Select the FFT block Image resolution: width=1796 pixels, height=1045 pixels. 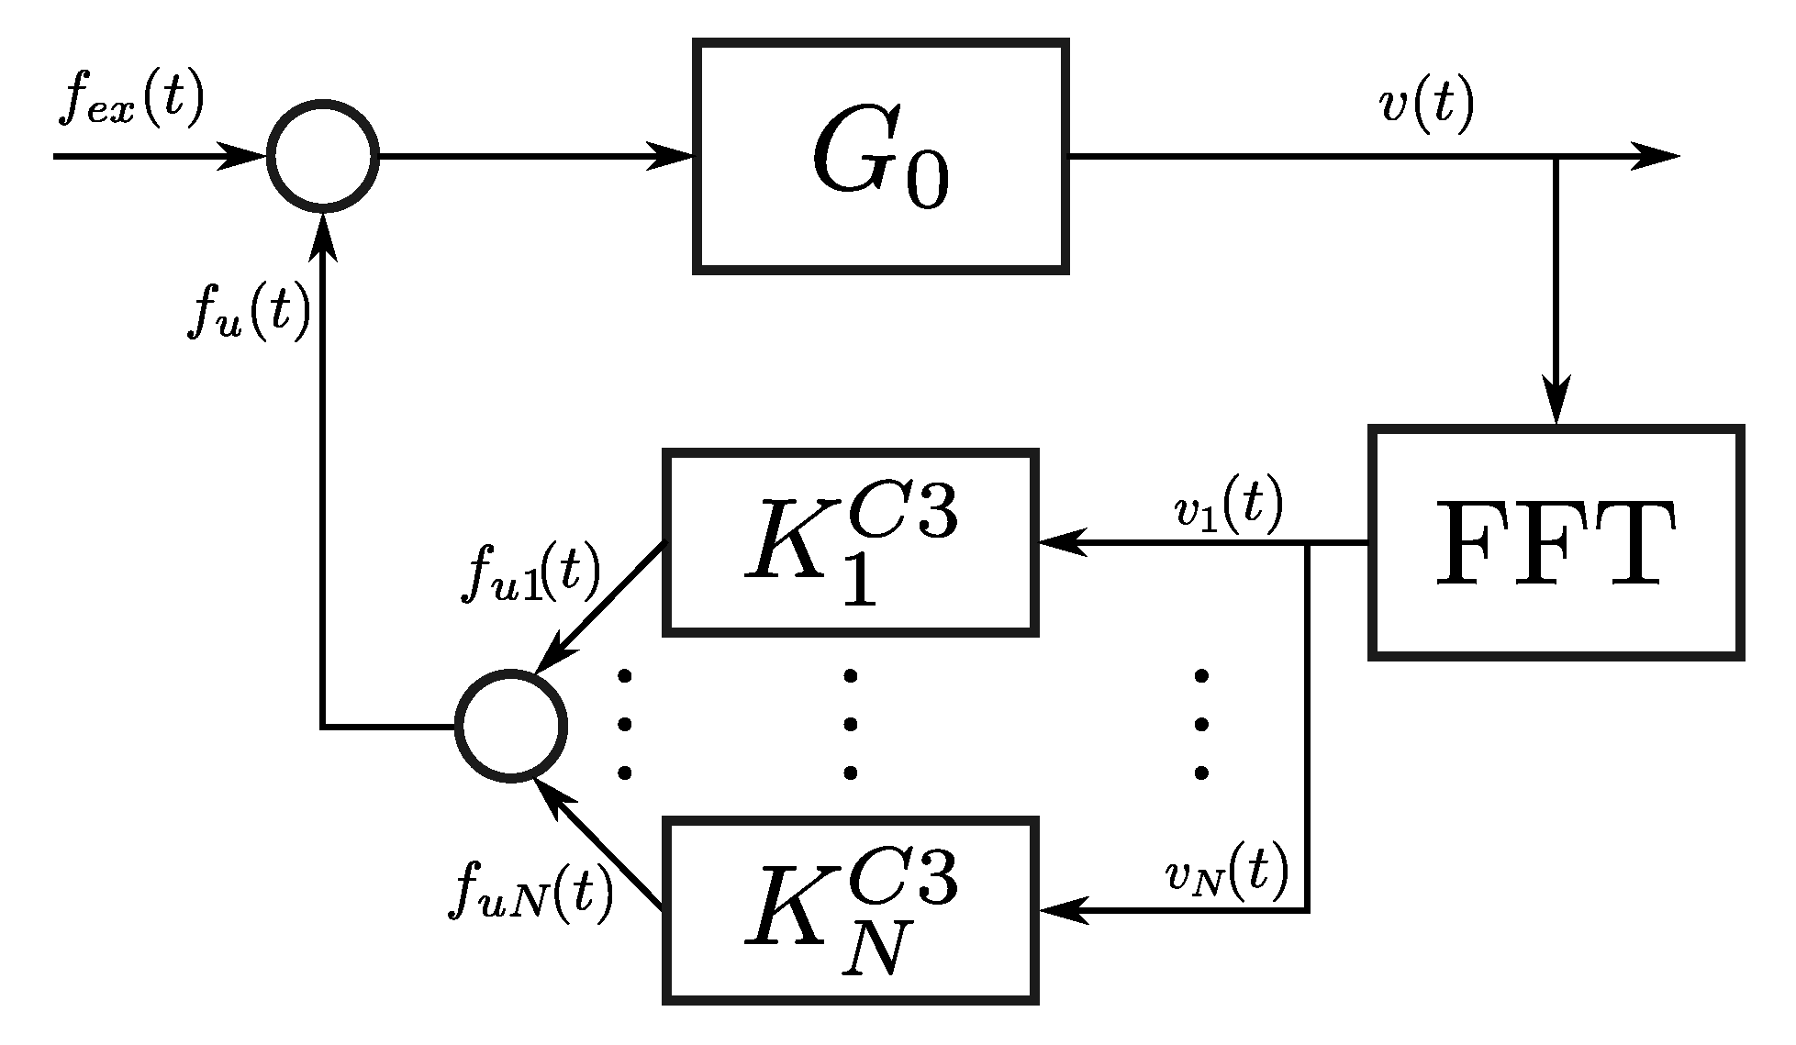[1556, 541]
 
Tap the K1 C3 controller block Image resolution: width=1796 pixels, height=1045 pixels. [851, 542]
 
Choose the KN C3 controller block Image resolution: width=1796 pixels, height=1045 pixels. [851, 910]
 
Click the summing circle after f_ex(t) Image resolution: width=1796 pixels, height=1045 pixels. [323, 156]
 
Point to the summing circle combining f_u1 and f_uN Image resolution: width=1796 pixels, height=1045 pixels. [511, 726]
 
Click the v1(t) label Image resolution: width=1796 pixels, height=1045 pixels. [1229, 507]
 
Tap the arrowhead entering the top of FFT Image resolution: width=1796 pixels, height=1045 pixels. [1556, 404]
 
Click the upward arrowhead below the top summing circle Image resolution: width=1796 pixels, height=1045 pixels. [323, 234]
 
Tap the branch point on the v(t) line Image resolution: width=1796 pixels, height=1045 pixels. [1556, 157]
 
